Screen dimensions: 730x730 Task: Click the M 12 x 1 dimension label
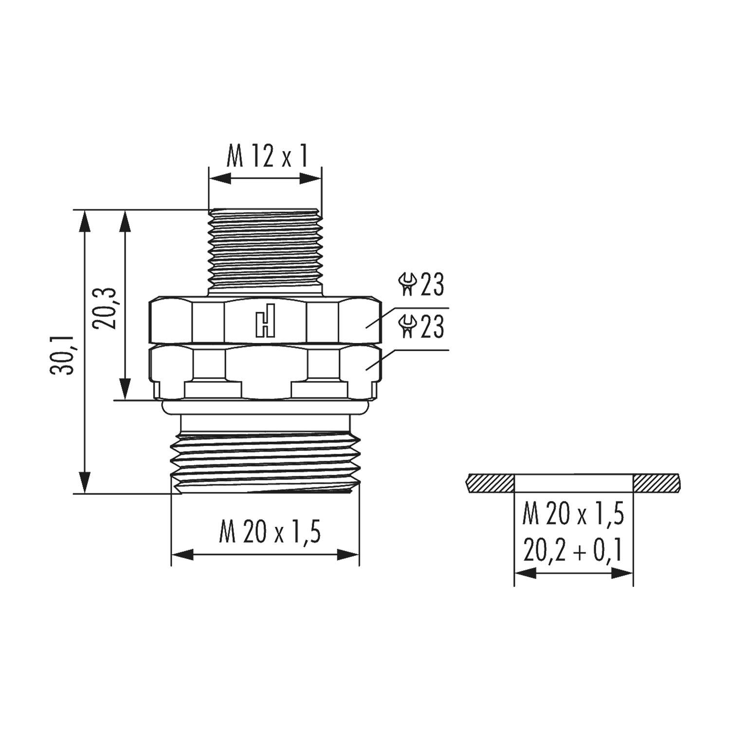click(267, 157)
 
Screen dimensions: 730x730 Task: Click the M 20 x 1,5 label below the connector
click(270, 532)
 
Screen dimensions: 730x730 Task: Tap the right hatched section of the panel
click(656, 483)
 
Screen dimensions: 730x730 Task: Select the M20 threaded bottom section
click(265, 462)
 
